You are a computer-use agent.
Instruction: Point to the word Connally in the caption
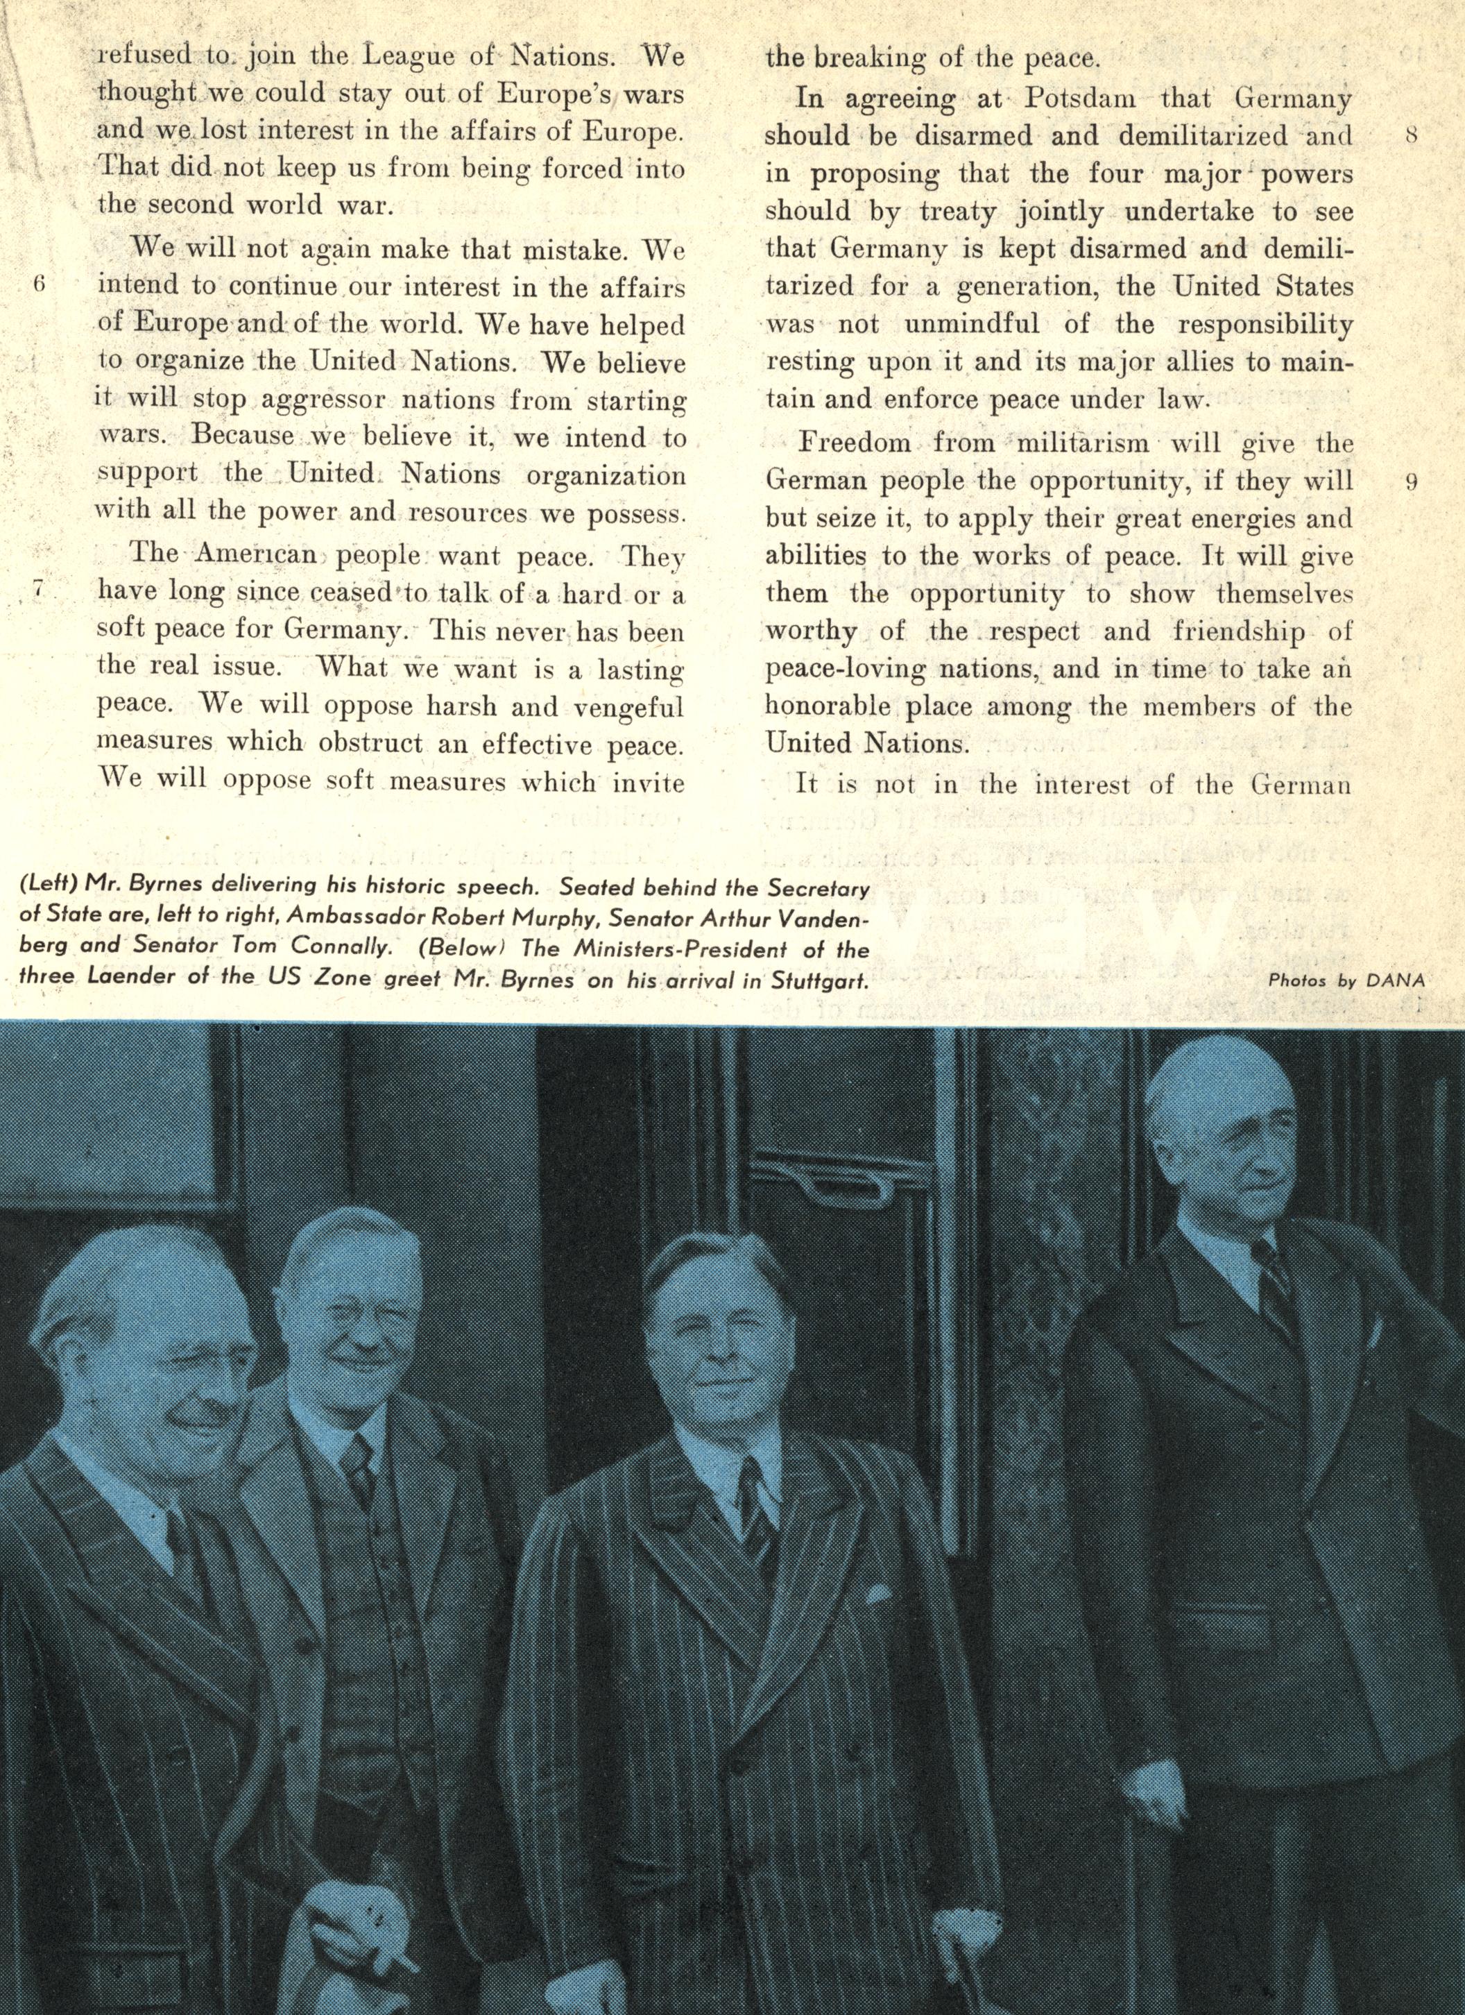pyautogui.click(x=338, y=949)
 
